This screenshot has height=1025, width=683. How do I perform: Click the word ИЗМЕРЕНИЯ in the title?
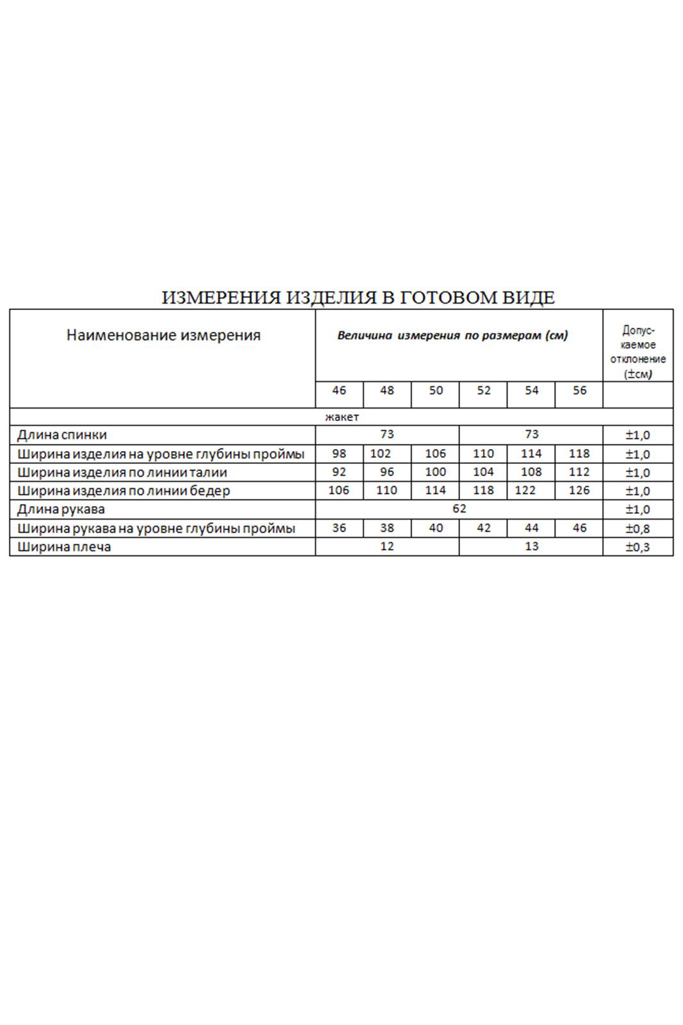[221, 298]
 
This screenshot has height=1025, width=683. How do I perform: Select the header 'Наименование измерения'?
[163, 335]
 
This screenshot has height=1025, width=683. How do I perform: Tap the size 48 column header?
[387, 391]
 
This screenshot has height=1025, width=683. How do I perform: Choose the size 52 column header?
[484, 391]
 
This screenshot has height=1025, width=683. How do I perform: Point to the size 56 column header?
[579, 391]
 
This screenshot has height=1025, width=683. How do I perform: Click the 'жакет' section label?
[341, 417]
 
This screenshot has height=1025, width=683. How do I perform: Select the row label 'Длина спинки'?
[62, 435]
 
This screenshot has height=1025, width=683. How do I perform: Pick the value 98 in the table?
[339, 454]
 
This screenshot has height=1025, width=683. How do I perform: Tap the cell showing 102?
[381, 454]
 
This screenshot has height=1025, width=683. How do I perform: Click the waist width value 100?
[436, 472]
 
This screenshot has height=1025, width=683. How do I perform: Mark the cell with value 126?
[579, 491]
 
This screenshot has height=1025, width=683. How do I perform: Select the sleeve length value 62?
[459, 509]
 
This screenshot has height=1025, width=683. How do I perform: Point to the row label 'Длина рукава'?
[61, 510]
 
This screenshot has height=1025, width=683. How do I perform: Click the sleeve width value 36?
[339, 529]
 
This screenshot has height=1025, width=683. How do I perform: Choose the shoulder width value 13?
[531, 546]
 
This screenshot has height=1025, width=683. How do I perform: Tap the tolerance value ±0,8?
[638, 529]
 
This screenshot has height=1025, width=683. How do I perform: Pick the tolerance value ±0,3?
[638, 547]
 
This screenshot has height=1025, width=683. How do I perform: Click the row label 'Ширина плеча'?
[64, 547]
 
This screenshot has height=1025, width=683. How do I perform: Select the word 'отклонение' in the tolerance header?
[638, 359]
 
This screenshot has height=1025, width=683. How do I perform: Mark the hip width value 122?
[525, 491]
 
